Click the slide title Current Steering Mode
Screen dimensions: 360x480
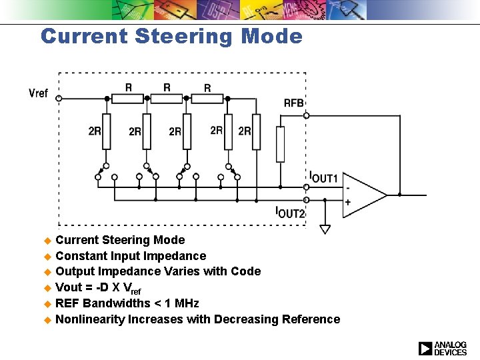[x=171, y=36]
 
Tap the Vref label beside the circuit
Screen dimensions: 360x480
[x=39, y=93]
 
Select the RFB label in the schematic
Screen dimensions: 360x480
[x=293, y=103]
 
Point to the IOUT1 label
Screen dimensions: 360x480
[x=325, y=178]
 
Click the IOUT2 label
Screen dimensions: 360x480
[x=290, y=213]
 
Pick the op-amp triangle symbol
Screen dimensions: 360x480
[x=363, y=195]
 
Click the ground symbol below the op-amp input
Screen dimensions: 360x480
[x=325, y=229]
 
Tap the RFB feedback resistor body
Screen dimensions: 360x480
[x=281, y=144]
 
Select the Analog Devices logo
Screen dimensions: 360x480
[x=443, y=348]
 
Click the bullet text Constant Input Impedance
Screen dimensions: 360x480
[x=131, y=256]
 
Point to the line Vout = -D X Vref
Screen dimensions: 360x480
[x=99, y=288]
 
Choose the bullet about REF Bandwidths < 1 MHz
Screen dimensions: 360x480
[x=127, y=303]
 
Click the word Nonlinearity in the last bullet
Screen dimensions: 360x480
[x=90, y=319]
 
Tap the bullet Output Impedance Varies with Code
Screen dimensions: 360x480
[x=158, y=271]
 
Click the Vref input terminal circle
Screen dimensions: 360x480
[x=59, y=99]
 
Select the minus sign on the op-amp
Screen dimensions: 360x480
[x=347, y=187]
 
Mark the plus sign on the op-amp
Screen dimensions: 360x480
[x=347, y=202]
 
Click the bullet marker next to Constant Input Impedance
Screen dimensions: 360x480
[x=47, y=257]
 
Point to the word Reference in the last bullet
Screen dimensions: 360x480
[x=311, y=319]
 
